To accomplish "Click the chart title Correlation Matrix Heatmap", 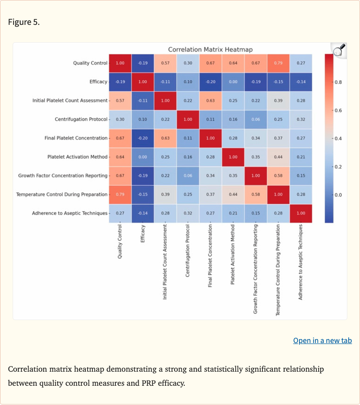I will [x=210, y=49].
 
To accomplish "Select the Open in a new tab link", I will [x=322, y=340].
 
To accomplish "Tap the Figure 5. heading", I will [x=24, y=22].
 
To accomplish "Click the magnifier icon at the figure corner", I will [x=338, y=50].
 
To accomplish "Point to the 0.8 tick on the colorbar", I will [x=338, y=82].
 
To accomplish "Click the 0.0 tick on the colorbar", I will [x=338, y=195].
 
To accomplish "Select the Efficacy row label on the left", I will [x=98, y=82].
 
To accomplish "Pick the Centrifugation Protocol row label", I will [x=81, y=119].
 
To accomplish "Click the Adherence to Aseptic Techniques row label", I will [x=69, y=213].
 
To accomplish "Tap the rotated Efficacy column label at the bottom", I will [x=143, y=234].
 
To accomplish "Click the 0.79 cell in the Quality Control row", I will [x=278, y=63].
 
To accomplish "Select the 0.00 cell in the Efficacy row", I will [x=233, y=82].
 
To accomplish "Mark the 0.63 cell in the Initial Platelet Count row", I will [x=210, y=100].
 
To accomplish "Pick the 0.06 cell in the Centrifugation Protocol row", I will [x=255, y=119].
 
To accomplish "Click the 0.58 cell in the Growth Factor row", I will [x=278, y=176].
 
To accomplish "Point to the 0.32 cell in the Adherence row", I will [x=188, y=213].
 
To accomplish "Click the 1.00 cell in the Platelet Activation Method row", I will [x=233, y=157].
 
